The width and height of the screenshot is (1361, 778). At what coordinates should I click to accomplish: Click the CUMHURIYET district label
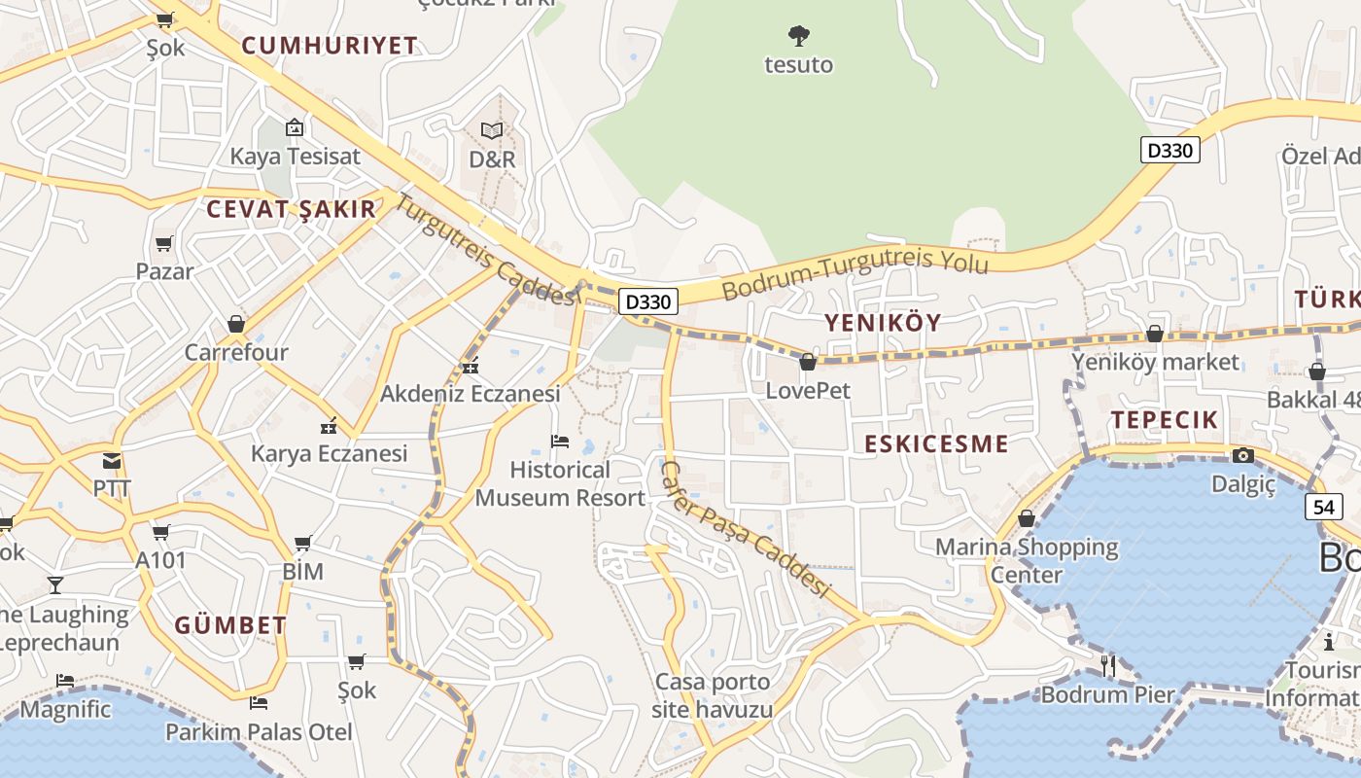330,46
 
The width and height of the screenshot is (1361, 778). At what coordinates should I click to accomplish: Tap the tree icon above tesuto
799,37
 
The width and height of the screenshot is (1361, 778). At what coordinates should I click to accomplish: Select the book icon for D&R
492,130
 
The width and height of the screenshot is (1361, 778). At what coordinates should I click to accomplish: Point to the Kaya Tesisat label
295,157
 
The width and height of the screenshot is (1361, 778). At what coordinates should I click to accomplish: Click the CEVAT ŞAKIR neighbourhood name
291,209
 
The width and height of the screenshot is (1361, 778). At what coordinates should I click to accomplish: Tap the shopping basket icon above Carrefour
235,324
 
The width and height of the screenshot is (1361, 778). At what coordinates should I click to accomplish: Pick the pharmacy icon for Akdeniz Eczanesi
471,367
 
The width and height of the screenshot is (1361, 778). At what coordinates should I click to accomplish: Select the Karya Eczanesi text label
329,454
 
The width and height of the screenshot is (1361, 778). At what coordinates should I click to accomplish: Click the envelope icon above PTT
112,461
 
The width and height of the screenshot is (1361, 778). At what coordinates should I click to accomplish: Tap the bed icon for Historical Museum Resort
560,442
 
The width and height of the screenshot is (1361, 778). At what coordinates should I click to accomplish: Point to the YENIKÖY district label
883,323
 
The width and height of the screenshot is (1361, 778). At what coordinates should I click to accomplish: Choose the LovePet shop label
808,391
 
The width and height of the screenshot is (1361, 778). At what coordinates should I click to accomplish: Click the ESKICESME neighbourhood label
936,444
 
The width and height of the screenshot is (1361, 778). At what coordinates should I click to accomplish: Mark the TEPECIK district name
1164,420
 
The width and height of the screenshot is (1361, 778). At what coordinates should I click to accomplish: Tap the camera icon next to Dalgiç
1242,455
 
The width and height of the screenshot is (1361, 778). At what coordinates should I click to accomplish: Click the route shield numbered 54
1322,507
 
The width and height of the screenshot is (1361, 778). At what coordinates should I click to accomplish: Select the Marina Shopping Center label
1027,560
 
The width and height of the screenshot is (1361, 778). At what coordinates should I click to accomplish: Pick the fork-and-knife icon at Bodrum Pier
1107,665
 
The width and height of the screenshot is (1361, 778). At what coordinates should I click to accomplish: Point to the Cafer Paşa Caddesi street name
744,529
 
